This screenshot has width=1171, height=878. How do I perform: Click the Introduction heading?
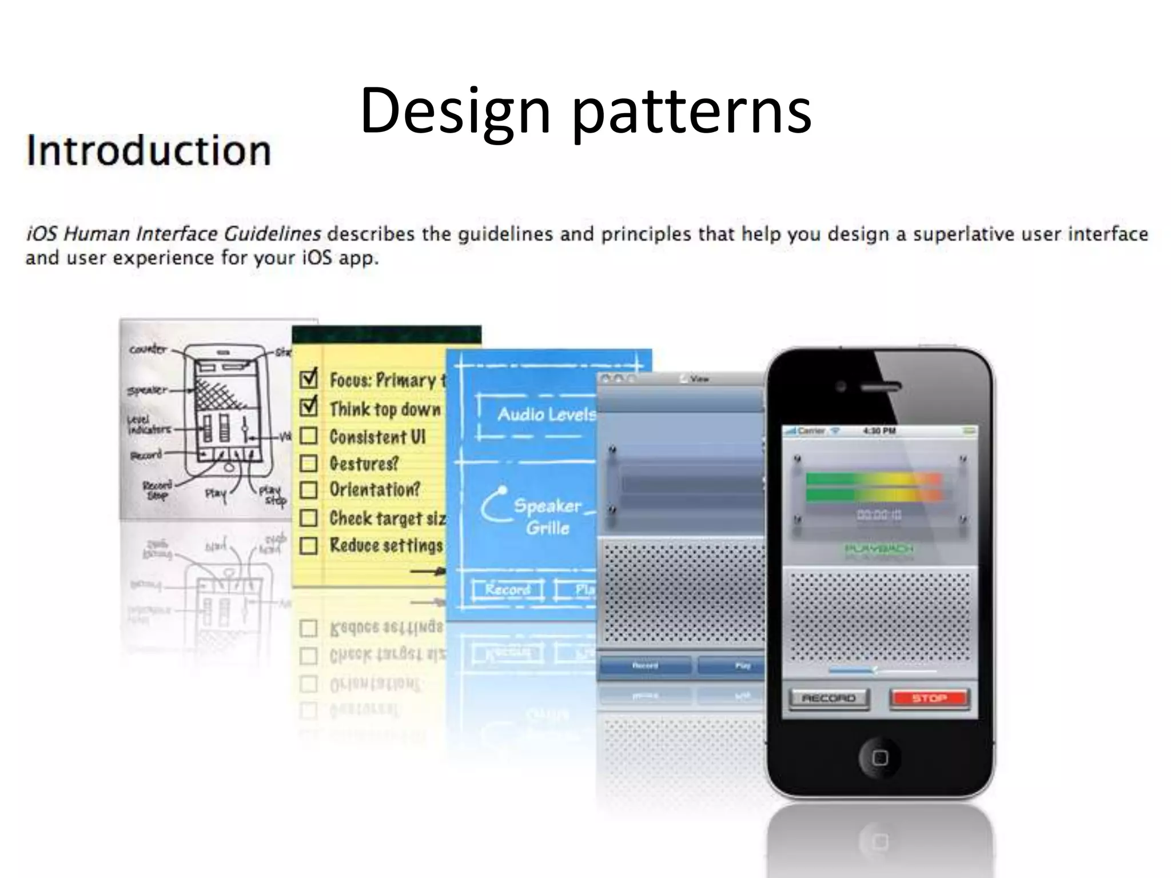149,150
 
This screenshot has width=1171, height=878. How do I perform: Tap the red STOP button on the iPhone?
929,698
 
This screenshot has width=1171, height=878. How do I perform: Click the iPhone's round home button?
880,758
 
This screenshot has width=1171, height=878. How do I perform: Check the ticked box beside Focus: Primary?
309,379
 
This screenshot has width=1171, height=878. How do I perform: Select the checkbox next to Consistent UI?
309,436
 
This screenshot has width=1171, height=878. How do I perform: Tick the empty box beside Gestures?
309,463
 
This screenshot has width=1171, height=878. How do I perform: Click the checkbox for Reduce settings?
309,545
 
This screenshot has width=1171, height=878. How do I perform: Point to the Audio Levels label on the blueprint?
546,414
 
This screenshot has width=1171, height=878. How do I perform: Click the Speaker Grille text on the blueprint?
547,516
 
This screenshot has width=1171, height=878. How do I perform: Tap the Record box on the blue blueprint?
508,589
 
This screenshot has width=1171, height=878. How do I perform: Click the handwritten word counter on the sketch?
148,349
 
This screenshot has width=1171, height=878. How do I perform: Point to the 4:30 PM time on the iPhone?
879,430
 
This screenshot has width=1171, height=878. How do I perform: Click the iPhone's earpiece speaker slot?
881,387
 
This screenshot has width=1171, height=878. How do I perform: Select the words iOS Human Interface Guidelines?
174,234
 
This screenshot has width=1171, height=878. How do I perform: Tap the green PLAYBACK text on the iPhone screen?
879,549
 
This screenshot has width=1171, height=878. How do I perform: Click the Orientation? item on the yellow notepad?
375,489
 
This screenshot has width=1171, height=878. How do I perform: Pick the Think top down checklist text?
385,409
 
